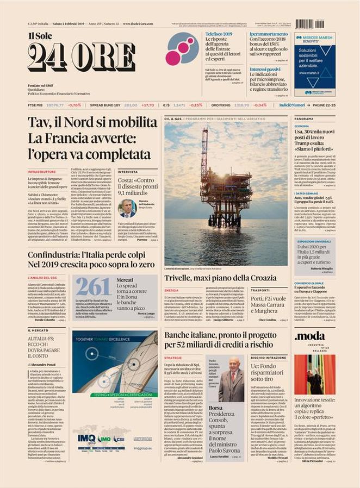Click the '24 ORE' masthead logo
[x=82, y=57]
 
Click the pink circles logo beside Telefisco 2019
[x=182, y=50]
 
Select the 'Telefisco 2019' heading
[x=219, y=34]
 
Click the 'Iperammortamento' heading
[x=269, y=34]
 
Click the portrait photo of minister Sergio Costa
[x=127, y=207]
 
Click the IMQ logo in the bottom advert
[x=86, y=453]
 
